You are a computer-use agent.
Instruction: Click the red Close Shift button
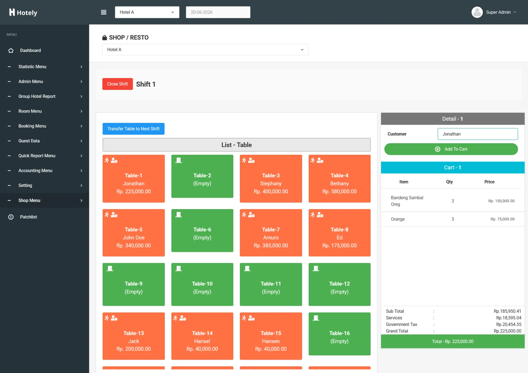117,84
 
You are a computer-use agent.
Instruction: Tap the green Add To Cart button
451,149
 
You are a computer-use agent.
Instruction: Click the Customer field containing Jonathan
478,134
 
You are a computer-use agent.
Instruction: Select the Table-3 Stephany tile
271,179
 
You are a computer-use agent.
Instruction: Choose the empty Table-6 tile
202,231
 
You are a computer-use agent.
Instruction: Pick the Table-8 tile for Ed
340,233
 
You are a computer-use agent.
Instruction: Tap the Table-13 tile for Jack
134,336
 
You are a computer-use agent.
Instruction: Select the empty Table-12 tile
340,284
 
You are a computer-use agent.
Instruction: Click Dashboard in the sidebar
30,50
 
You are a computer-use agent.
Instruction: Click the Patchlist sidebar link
29,217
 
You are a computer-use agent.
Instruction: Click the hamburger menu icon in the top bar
104,12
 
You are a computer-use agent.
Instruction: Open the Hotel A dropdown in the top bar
147,12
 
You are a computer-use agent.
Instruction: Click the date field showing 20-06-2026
218,12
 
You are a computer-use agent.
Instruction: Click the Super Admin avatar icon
477,12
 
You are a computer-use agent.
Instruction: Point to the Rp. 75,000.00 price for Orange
502,219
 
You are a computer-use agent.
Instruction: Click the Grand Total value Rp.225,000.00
507,331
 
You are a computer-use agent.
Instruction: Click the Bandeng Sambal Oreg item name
407,201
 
